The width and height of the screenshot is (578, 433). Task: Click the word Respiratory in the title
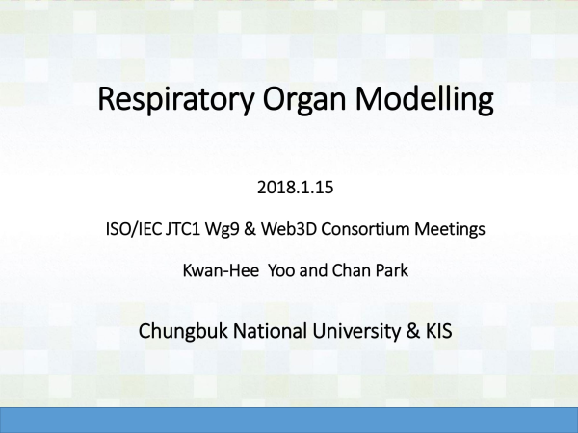176,99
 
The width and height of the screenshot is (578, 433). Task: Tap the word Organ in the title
304,100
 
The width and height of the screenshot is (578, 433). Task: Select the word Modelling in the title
424,99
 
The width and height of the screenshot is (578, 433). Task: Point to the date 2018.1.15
296,188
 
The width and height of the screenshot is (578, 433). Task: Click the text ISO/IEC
134,229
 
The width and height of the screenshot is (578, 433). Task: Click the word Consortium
366,229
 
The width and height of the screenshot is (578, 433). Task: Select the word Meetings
450,230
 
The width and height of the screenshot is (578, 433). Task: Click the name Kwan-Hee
221,270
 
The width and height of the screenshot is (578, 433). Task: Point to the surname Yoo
281,270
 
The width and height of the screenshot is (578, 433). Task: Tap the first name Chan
346,270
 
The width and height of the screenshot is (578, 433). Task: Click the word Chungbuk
183,331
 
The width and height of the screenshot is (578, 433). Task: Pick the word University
356,331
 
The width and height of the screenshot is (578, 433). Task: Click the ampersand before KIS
413,331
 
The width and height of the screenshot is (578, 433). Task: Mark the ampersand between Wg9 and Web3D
250,229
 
